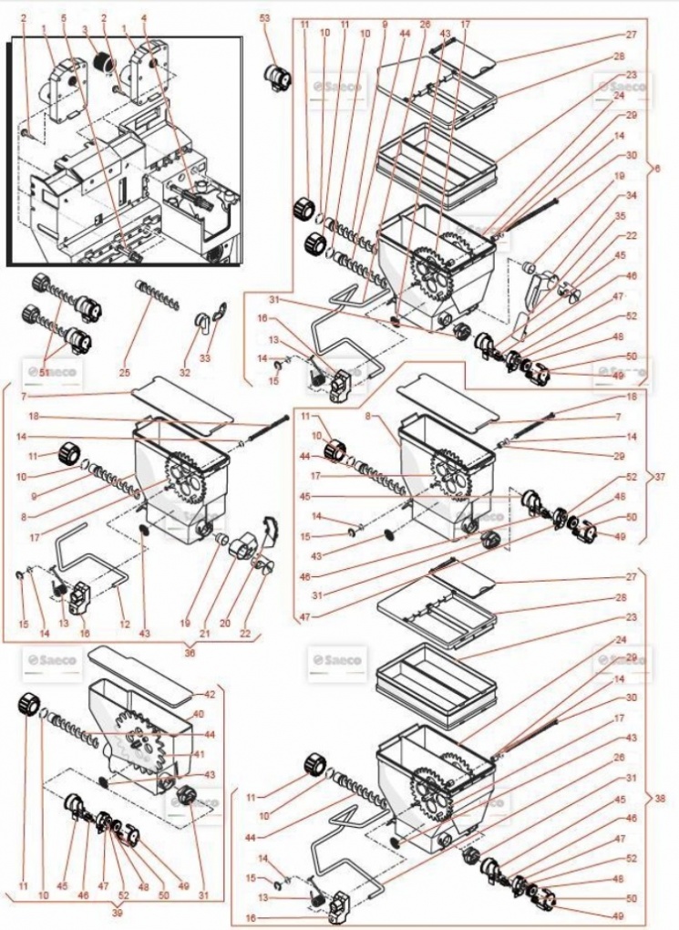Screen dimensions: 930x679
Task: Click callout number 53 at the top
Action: tap(265, 18)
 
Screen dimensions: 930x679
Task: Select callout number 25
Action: tap(124, 373)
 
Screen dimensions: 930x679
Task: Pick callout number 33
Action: tap(205, 358)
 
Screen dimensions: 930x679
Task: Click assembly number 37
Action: tap(662, 476)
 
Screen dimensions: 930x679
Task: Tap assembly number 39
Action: tap(118, 912)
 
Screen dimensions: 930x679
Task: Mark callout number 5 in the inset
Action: tap(63, 17)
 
